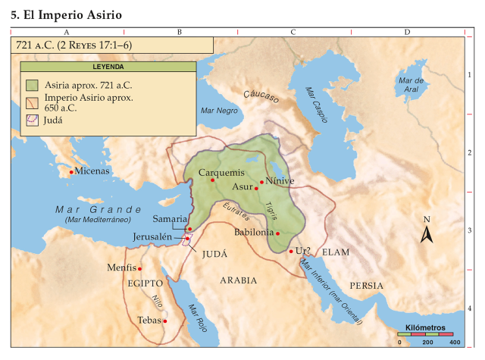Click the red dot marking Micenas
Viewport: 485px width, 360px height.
pos(71,172)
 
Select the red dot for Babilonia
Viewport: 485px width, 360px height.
pos(278,233)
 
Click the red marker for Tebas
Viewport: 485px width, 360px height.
pos(165,321)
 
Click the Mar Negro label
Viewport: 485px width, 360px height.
pos(219,111)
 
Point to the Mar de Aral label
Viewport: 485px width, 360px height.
pos(410,84)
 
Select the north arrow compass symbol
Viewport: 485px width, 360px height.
pos(427,232)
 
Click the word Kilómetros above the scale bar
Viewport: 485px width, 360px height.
pos(425,327)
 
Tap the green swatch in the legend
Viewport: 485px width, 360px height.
pos(32,84)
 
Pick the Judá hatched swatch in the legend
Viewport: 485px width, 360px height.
pos(32,119)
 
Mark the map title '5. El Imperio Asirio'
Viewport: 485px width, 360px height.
pos(67,14)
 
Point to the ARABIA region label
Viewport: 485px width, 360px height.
pos(238,280)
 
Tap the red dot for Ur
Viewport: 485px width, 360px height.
pos(291,252)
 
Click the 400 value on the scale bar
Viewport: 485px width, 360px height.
pos(455,343)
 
